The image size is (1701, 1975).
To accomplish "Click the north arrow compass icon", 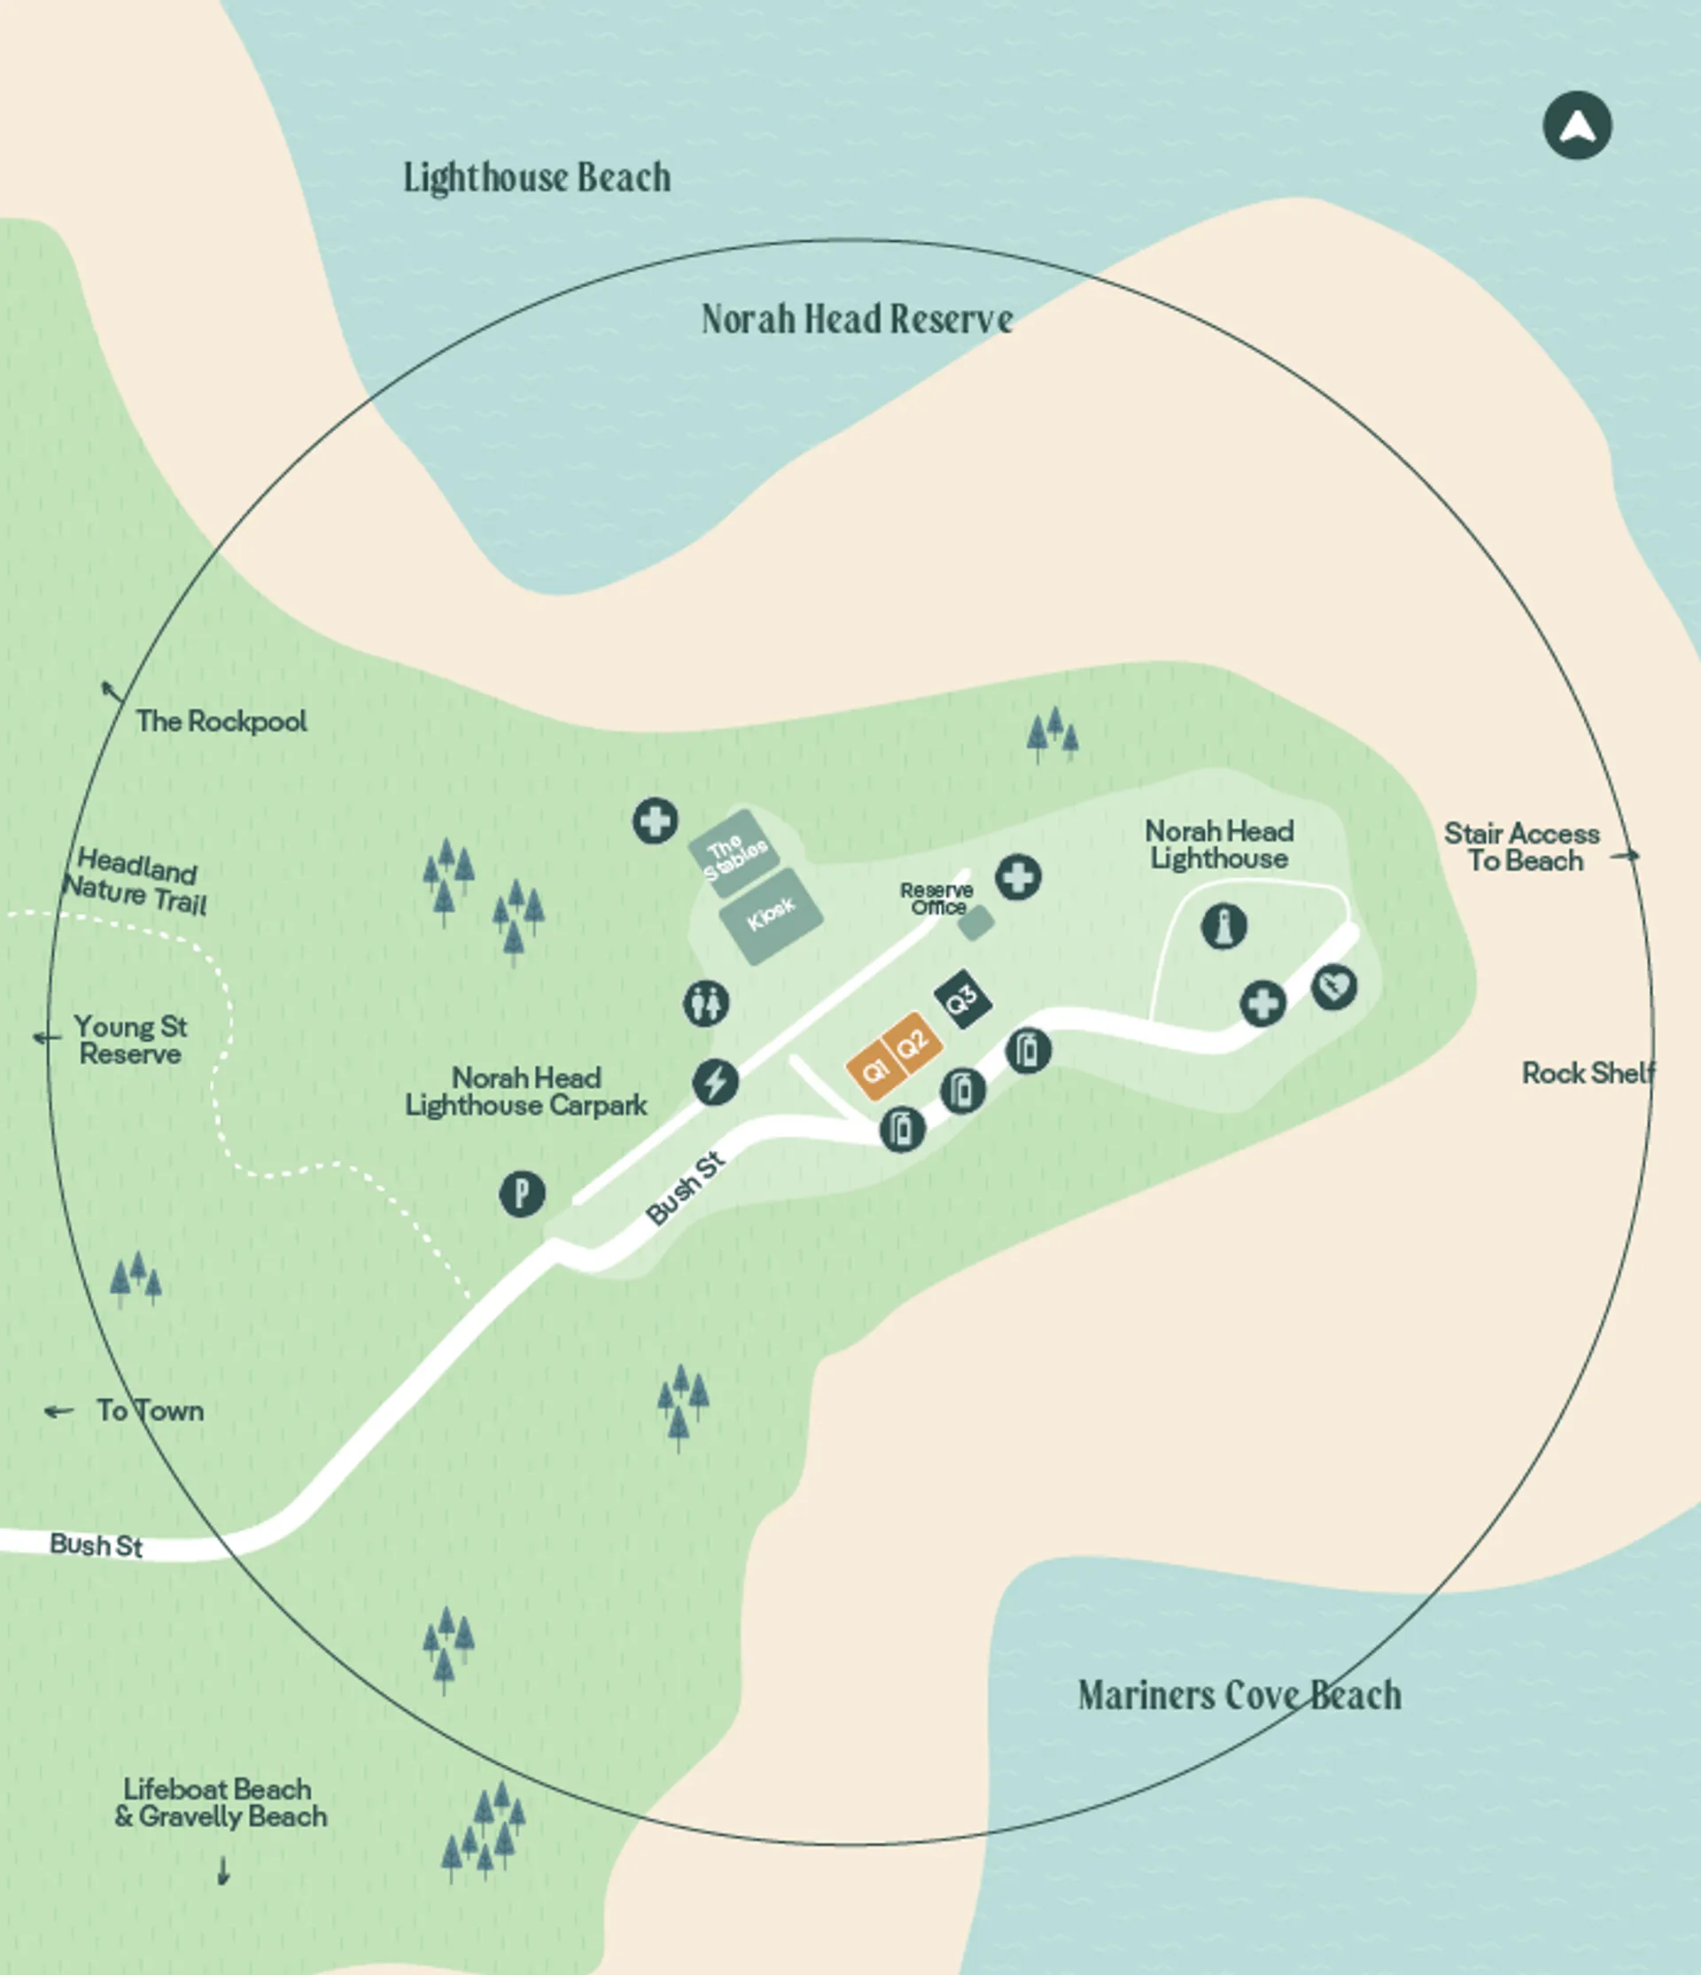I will tap(1577, 125).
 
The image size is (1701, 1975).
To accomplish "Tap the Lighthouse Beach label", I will tap(537, 178).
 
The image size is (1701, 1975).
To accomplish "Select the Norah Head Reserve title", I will tap(856, 319).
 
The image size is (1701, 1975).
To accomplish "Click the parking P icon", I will tap(522, 1194).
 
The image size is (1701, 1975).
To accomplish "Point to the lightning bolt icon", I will tap(715, 1082).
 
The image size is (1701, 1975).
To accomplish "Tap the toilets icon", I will tap(706, 1004).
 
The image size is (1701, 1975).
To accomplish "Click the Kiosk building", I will tap(771, 915).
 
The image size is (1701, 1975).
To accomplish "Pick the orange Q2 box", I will tap(913, 1043).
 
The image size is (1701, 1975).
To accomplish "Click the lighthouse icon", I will tap(1223, 926).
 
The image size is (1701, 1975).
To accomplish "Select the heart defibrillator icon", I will tap(1333, 986).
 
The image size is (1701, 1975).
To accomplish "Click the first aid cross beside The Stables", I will tap(656, 820).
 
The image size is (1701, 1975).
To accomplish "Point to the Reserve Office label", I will tap(936, 898).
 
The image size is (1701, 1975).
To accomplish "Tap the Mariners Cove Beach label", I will tap(1239, 1696).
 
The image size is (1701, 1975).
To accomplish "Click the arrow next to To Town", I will tap(59, 1411).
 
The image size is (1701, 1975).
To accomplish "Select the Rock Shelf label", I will tap(1588, 1073).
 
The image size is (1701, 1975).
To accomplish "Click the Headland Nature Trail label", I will tap(136, 881).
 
